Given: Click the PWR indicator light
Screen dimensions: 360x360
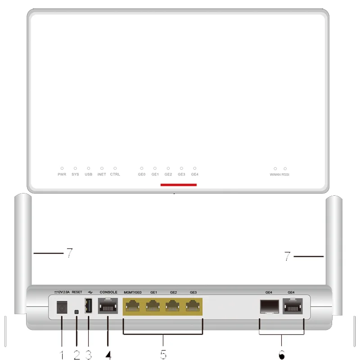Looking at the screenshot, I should coord(62,168).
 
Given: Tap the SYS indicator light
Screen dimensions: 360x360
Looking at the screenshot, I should coord(75,168).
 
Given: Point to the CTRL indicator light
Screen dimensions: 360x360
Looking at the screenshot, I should coord(115,168).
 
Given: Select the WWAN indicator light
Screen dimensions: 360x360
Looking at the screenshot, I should coord(275,168).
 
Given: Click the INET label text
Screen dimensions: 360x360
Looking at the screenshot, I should coord(102,174).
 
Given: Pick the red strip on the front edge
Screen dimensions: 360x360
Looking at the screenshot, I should coord(179,184).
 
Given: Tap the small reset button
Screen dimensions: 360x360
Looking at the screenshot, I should coord(76,312).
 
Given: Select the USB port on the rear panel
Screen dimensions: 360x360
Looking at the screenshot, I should coord(89,307).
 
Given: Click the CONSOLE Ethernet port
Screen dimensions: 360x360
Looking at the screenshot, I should coord(108,307).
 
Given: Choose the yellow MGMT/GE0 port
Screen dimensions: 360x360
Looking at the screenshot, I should coord(133,307).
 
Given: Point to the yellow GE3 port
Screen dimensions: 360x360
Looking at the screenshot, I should coord(193,307).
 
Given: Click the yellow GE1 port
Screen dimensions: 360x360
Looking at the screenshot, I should coord(153,307).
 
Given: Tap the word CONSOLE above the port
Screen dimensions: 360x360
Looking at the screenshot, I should coord(108,292).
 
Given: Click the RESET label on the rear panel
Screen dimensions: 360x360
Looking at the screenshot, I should coord(77,292).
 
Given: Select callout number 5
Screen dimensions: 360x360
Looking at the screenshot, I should coord(163,354).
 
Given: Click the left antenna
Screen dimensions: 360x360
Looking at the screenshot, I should coord(22,252).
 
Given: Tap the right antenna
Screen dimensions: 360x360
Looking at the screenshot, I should coord(335,252).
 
